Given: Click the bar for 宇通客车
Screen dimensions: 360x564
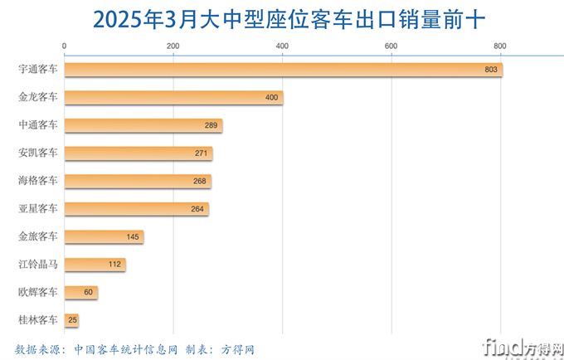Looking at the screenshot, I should tap(282, 70).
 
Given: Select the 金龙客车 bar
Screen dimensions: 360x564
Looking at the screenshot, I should tap(173, 98).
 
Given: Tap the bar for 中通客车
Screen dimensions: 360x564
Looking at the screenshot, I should tap(143, 125).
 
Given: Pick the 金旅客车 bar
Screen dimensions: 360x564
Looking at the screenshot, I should tap(104, 237).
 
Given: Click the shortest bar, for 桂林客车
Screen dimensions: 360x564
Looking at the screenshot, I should tap(71, 320).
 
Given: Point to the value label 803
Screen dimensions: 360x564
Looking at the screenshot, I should tap(490, 70).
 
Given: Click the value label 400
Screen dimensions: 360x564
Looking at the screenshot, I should tap(271, 98).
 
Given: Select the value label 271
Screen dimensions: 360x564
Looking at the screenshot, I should tap(201, 153).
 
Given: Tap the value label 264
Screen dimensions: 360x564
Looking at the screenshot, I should tap(197, 209).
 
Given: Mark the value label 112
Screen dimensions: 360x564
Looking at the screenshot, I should tap(114, 265).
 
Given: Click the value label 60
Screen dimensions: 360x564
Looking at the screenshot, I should tap(88, 293).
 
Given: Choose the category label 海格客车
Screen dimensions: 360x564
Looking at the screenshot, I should tap(38, 181).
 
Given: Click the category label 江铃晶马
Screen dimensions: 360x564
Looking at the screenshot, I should tap(38, 265).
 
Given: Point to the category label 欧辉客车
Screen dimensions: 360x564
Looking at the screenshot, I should tap(38, 293).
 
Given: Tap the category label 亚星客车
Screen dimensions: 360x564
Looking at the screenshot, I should tap(38, 209).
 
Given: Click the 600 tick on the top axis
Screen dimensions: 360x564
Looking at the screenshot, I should tap(391, 45).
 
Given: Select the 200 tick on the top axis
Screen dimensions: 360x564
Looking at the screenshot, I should tap(173, 45).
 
